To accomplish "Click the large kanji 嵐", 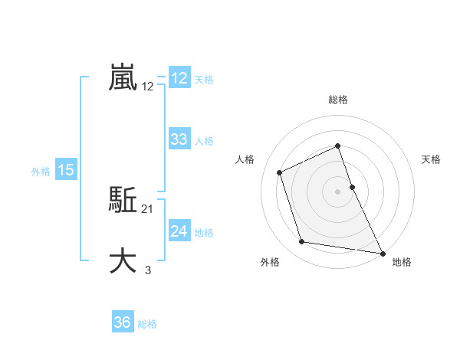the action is tap(123, 78).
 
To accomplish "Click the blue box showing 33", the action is tap(179, 139).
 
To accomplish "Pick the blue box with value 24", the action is tap(179, 231).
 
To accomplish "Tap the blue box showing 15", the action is tap(66, 170).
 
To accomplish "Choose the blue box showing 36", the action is tap(123, 322).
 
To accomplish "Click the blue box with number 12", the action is tap(179, 78).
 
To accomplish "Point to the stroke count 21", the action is tap(148, 208).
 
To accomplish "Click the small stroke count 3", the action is tap(148, 270).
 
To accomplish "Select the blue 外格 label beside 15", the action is tap(41, 172).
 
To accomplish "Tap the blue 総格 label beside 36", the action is tap(147, 324).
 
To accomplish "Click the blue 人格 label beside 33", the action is tap(204, 141).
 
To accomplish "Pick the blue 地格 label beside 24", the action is tap(204, 233).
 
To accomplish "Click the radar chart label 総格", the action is tap(338, 100).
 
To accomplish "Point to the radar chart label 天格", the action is tap(431, 159).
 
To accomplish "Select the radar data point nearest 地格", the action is tap(383, 252).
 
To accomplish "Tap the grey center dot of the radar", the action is tap(338, 191).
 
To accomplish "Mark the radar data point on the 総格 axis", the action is tap(338, 146).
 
